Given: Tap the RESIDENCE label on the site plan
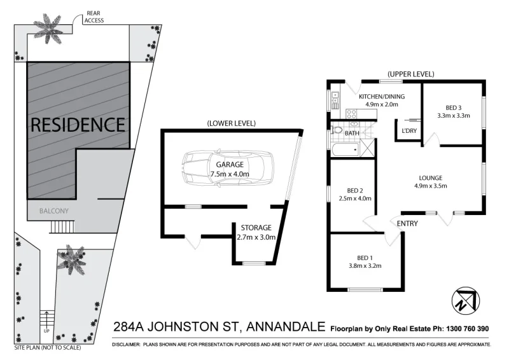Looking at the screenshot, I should coord(78,124).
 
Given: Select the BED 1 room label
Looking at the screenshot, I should coord(365,258).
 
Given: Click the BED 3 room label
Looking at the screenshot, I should coord(453,108).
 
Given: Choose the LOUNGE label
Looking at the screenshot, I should coord(431,177).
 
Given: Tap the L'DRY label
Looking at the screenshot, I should coord(408,131).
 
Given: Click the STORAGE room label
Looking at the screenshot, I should coord(256,227).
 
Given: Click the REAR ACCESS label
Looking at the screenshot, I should coord(93,17).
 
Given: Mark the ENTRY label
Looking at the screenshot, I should coord(407,223).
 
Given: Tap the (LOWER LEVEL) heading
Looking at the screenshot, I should coord(232,123).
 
